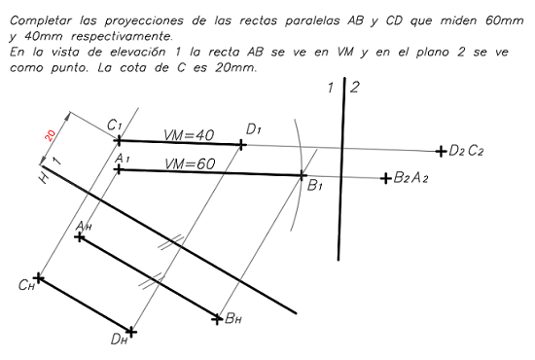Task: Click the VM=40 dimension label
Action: tap(190, 135)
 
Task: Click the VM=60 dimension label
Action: tap(190, 163)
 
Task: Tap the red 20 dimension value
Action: tap(50, 135)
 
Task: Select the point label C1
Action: tap(114, 126)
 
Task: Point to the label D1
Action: tap(254, 128)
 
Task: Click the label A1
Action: tap(122, 158)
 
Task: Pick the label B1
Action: tap(315, 186)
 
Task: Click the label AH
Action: tap(84, 226)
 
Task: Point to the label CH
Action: tap(26, 286)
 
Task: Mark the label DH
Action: tap(119, 340)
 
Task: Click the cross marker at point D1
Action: tap(242, 144)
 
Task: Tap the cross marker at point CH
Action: tap(39, 277)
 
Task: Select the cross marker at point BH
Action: tap(217, 317)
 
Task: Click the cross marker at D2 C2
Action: tap(441, 151)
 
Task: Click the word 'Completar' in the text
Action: tap(38, 19)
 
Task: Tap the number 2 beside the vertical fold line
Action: tap(354, 89)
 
